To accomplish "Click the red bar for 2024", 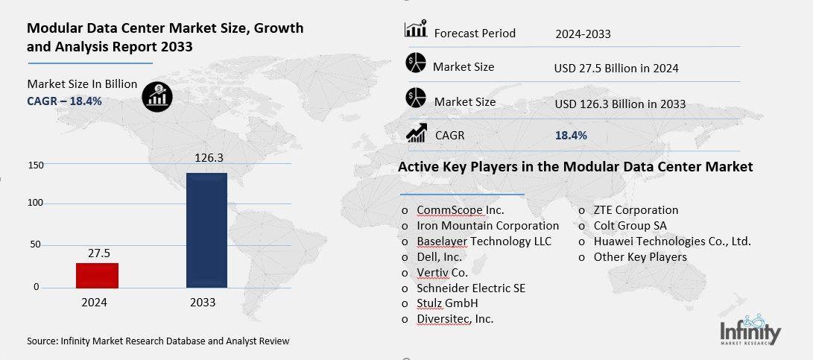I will (97, 275).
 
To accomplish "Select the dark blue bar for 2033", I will (206, 230).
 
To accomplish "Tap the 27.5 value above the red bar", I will (97, 253).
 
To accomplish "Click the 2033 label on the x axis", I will (203, 303).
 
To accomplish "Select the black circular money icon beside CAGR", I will (158, 94).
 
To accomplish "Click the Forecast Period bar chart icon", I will (415, 30).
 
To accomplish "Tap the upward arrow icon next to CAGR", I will (415, 134).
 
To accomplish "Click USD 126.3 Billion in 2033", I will (620, 104).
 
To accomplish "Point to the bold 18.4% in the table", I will (571, 135).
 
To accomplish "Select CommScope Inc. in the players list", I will (461, 210).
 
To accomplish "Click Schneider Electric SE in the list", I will (471, 288).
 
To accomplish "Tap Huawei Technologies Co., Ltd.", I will (671, 241).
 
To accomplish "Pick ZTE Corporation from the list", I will (636, 210).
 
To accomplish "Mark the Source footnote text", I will (158, 341).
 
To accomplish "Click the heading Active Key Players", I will (575, 167).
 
